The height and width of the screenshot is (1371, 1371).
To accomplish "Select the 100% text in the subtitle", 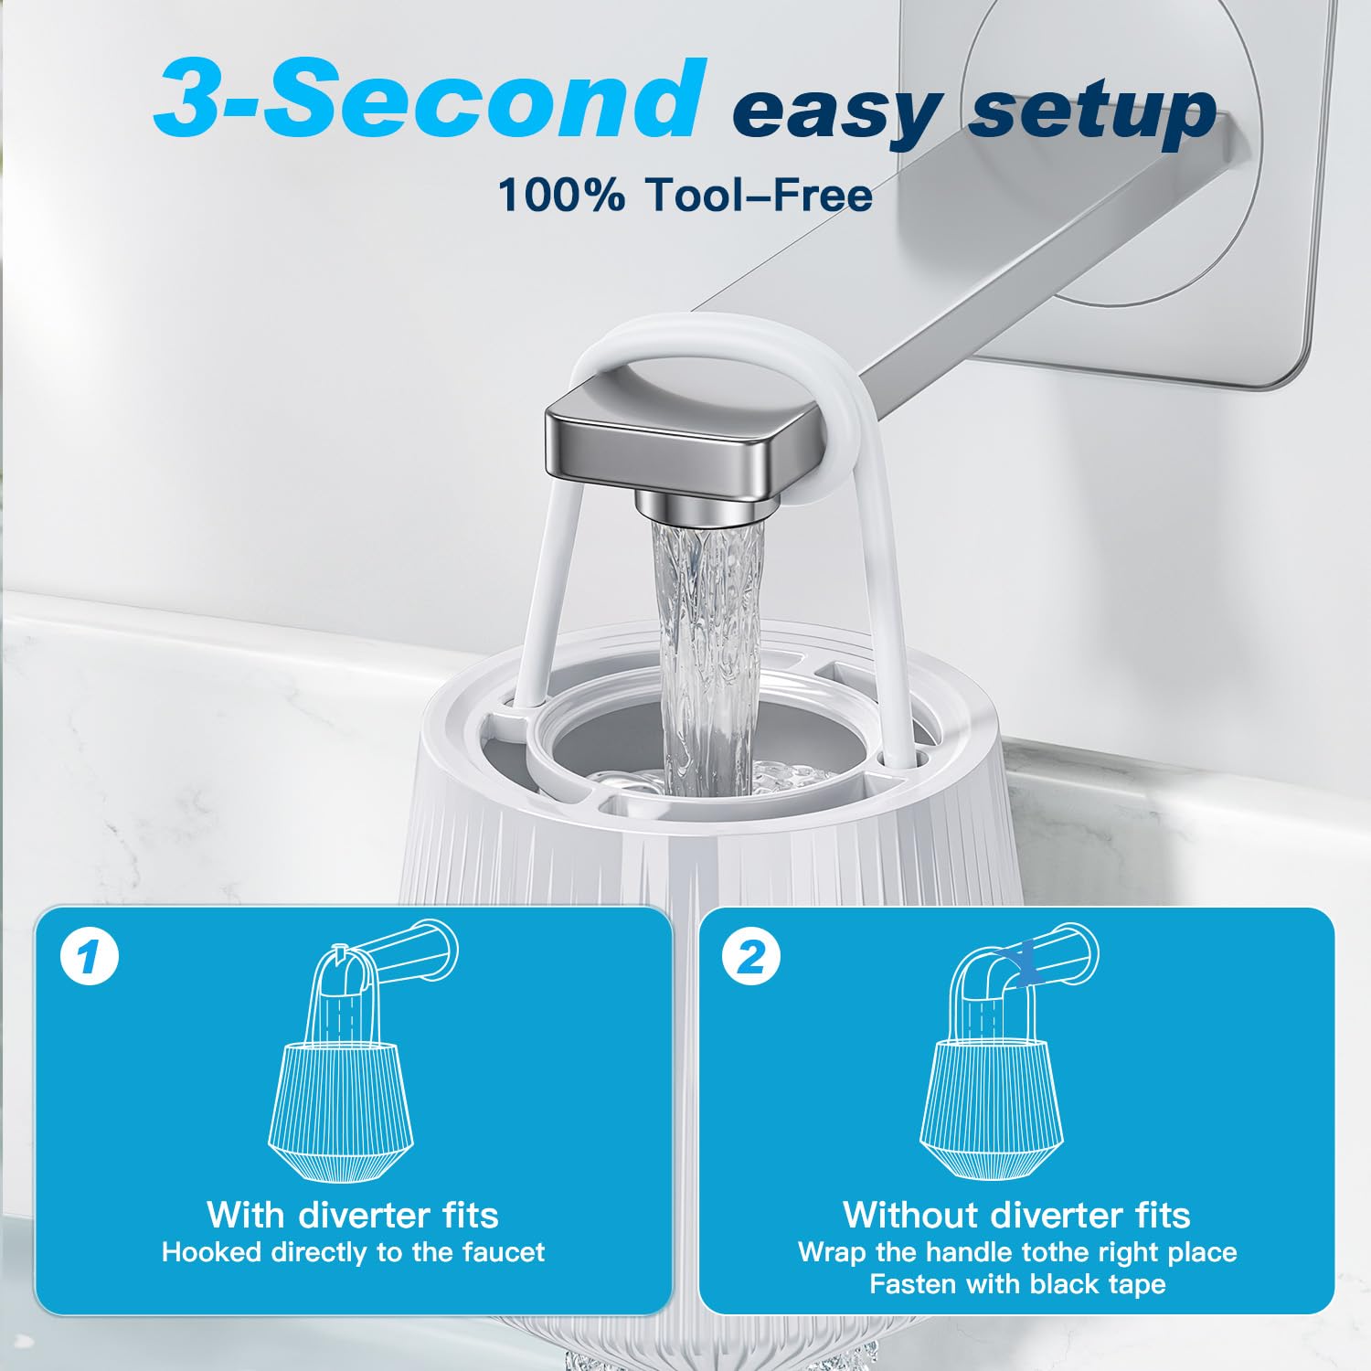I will click(562, 195).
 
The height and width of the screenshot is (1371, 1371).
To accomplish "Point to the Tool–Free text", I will click(759, 195).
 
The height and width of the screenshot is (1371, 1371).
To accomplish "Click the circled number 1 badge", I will click(90, 957).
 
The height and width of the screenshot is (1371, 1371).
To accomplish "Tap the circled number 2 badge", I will click(751, 957).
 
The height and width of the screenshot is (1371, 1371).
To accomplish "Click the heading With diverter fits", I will click(353, 1215).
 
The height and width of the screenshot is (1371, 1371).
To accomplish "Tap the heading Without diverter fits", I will click(1016, 1215).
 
